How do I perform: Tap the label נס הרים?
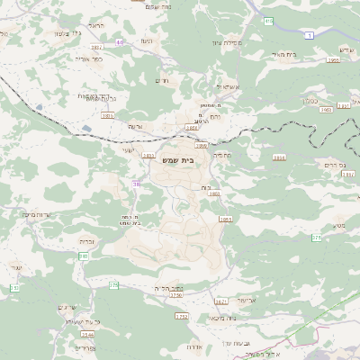(333, 165)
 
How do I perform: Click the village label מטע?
(339, 225)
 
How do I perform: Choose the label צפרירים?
(85, 347)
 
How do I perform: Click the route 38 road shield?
(136, 184)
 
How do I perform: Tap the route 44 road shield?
(120, 41)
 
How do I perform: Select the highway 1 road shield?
(308, 34)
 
